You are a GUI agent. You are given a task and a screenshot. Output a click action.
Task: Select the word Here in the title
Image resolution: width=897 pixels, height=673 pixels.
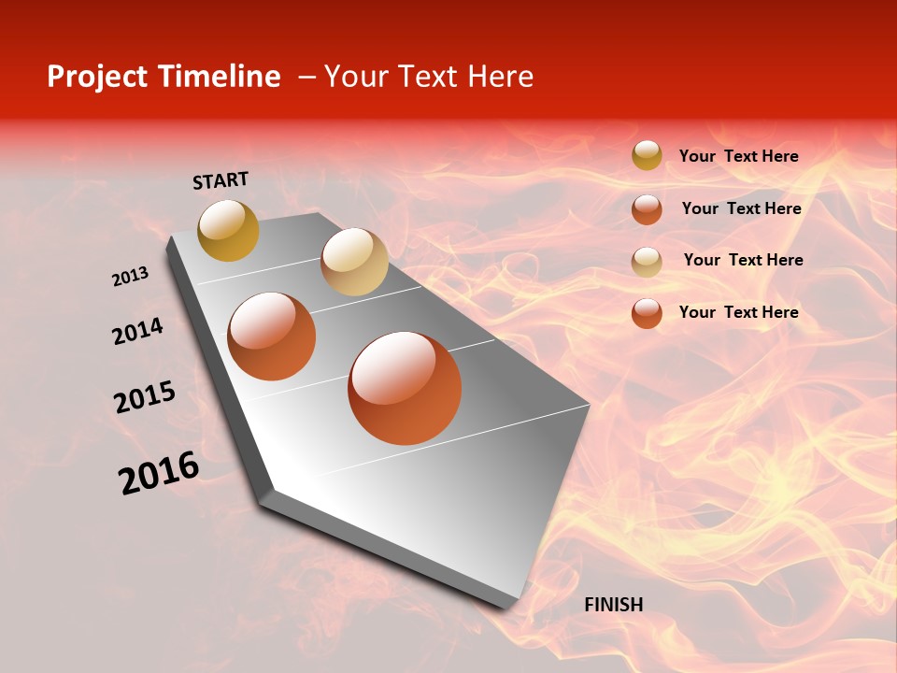click(500, 77)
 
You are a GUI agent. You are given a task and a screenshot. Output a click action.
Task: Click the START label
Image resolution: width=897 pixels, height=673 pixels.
click(221, 180)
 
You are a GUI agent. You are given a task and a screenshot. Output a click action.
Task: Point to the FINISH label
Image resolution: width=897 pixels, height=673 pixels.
click(614, 605)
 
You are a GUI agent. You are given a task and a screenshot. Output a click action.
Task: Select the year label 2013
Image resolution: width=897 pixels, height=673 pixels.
click(131, 277)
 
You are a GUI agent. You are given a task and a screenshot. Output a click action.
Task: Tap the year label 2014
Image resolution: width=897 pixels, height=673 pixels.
click(137, 331)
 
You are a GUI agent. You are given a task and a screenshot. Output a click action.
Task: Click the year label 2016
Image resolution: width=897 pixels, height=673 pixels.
click(159, 473)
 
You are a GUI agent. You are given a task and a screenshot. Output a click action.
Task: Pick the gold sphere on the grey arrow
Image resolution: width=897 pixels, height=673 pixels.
click(229, 230)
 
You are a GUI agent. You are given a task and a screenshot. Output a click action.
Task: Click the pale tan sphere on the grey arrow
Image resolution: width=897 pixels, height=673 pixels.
click(354, 262)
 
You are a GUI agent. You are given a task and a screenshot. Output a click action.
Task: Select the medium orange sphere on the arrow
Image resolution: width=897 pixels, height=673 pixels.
click(272, 336)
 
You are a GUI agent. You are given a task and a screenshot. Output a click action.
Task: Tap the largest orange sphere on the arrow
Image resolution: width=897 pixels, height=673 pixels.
click(405, 388)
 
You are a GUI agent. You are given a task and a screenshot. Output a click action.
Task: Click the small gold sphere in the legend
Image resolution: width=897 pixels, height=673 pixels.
click(647, 156)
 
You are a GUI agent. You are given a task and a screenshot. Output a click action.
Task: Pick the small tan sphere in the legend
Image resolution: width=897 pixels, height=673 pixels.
click(647, 261)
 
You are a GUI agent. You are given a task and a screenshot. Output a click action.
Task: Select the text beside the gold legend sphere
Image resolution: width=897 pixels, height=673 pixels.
click(738, 157)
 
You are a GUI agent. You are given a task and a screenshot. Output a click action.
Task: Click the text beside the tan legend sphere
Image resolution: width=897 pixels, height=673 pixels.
click(743, 260)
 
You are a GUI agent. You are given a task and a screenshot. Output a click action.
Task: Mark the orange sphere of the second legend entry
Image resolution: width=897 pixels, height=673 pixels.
click(647, 209)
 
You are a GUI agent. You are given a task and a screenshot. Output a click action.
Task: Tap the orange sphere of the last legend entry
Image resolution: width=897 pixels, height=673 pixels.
click(647, 313)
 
